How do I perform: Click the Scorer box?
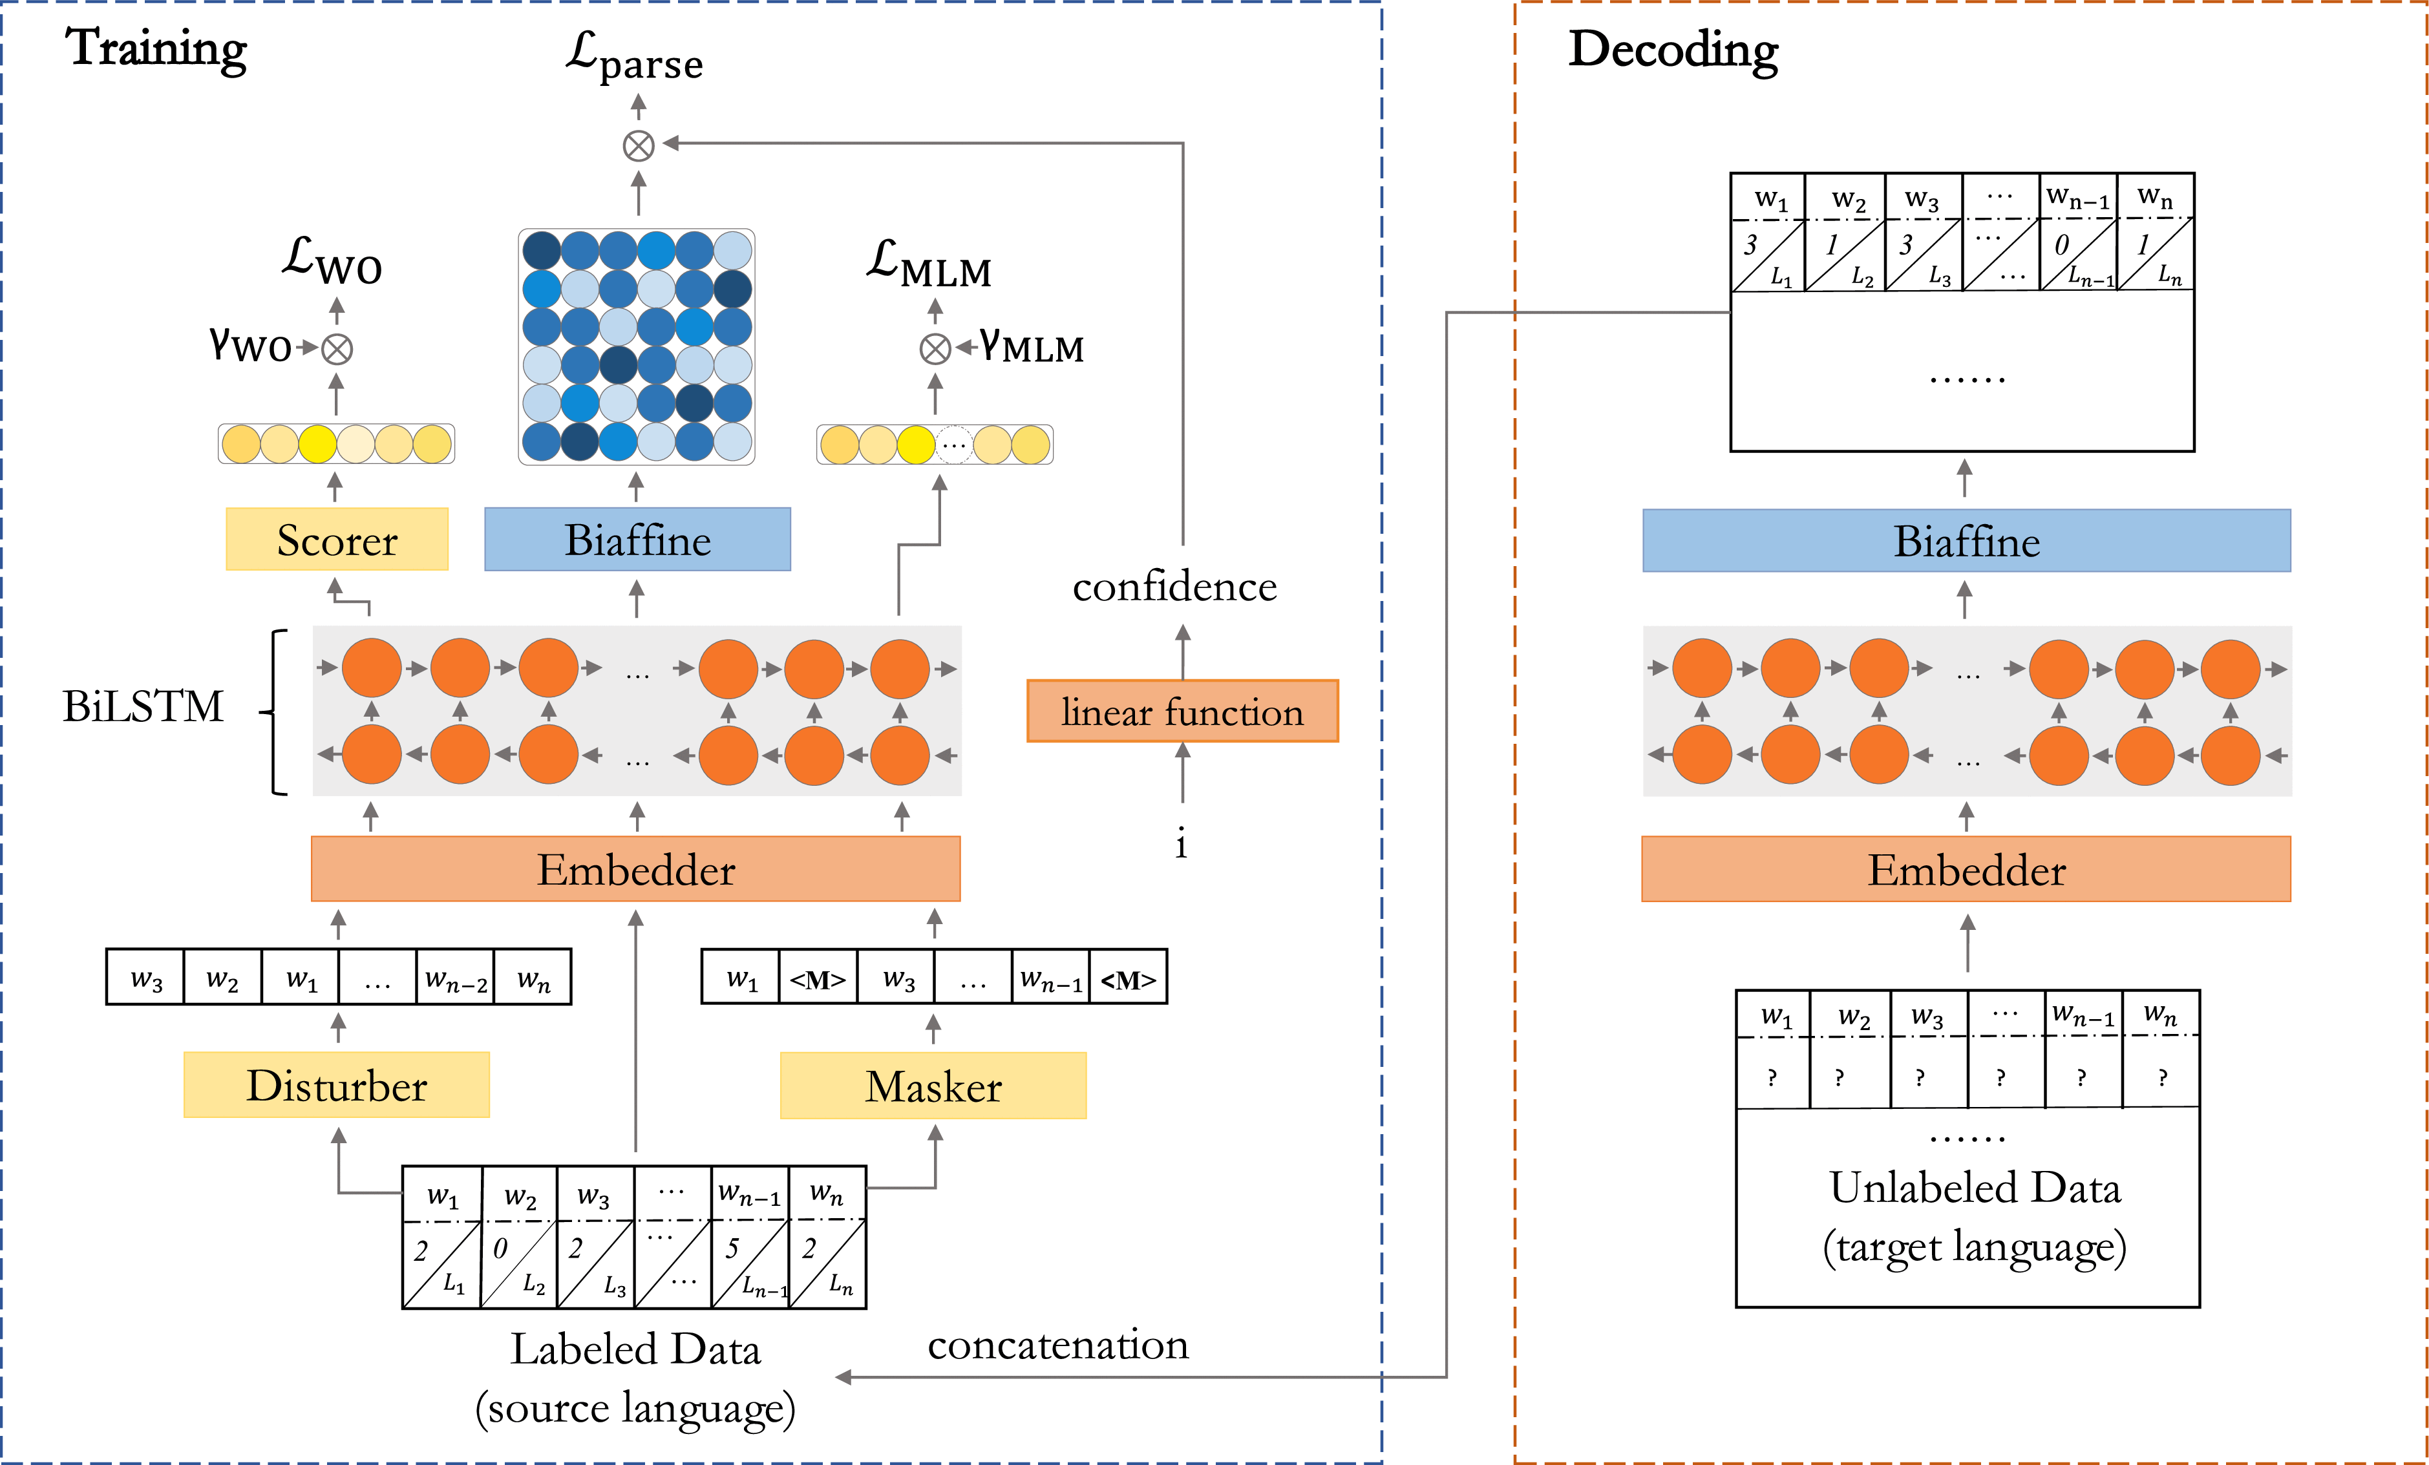pyautogui.click(x=337, y=539)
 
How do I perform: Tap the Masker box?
pyautogui.click(x=933, y=1086)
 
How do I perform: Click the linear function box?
pyautogui.click(x=1182, y=711)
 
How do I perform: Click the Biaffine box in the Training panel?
pyautogui.click(x=637, y=539)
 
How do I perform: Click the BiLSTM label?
pyautogui.click(x=143, y=706)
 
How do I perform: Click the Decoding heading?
pyautogui.click(x=1673, y=49)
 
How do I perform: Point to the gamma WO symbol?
pyautogui.click(x=250, y=345)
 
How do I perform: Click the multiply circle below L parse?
pyautogui.click(x=638, y=146)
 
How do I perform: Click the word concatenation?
pyautogui.click(x=1057, y=1345)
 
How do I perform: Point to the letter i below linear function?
pyautogui.click(x=1181, y=843)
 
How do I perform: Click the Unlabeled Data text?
pyautogui.click(x=1975, y=1188)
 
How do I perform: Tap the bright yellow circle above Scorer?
pyautogui.click(x=317, y=444)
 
